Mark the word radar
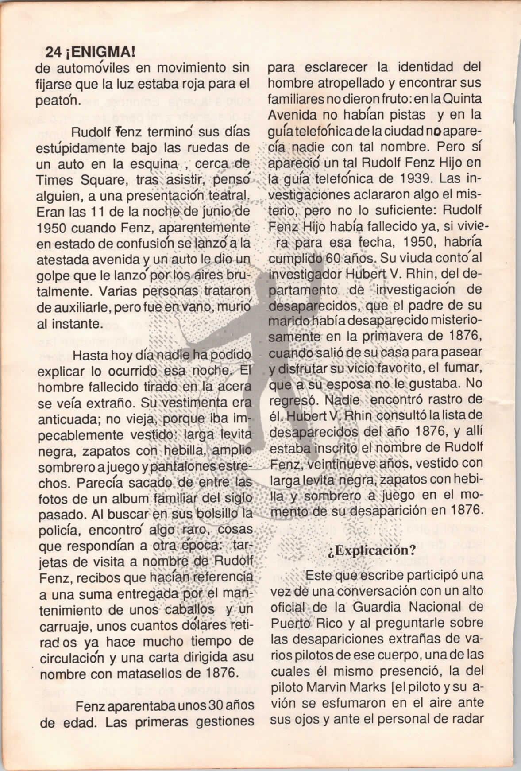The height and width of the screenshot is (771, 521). tap(466, 718)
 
